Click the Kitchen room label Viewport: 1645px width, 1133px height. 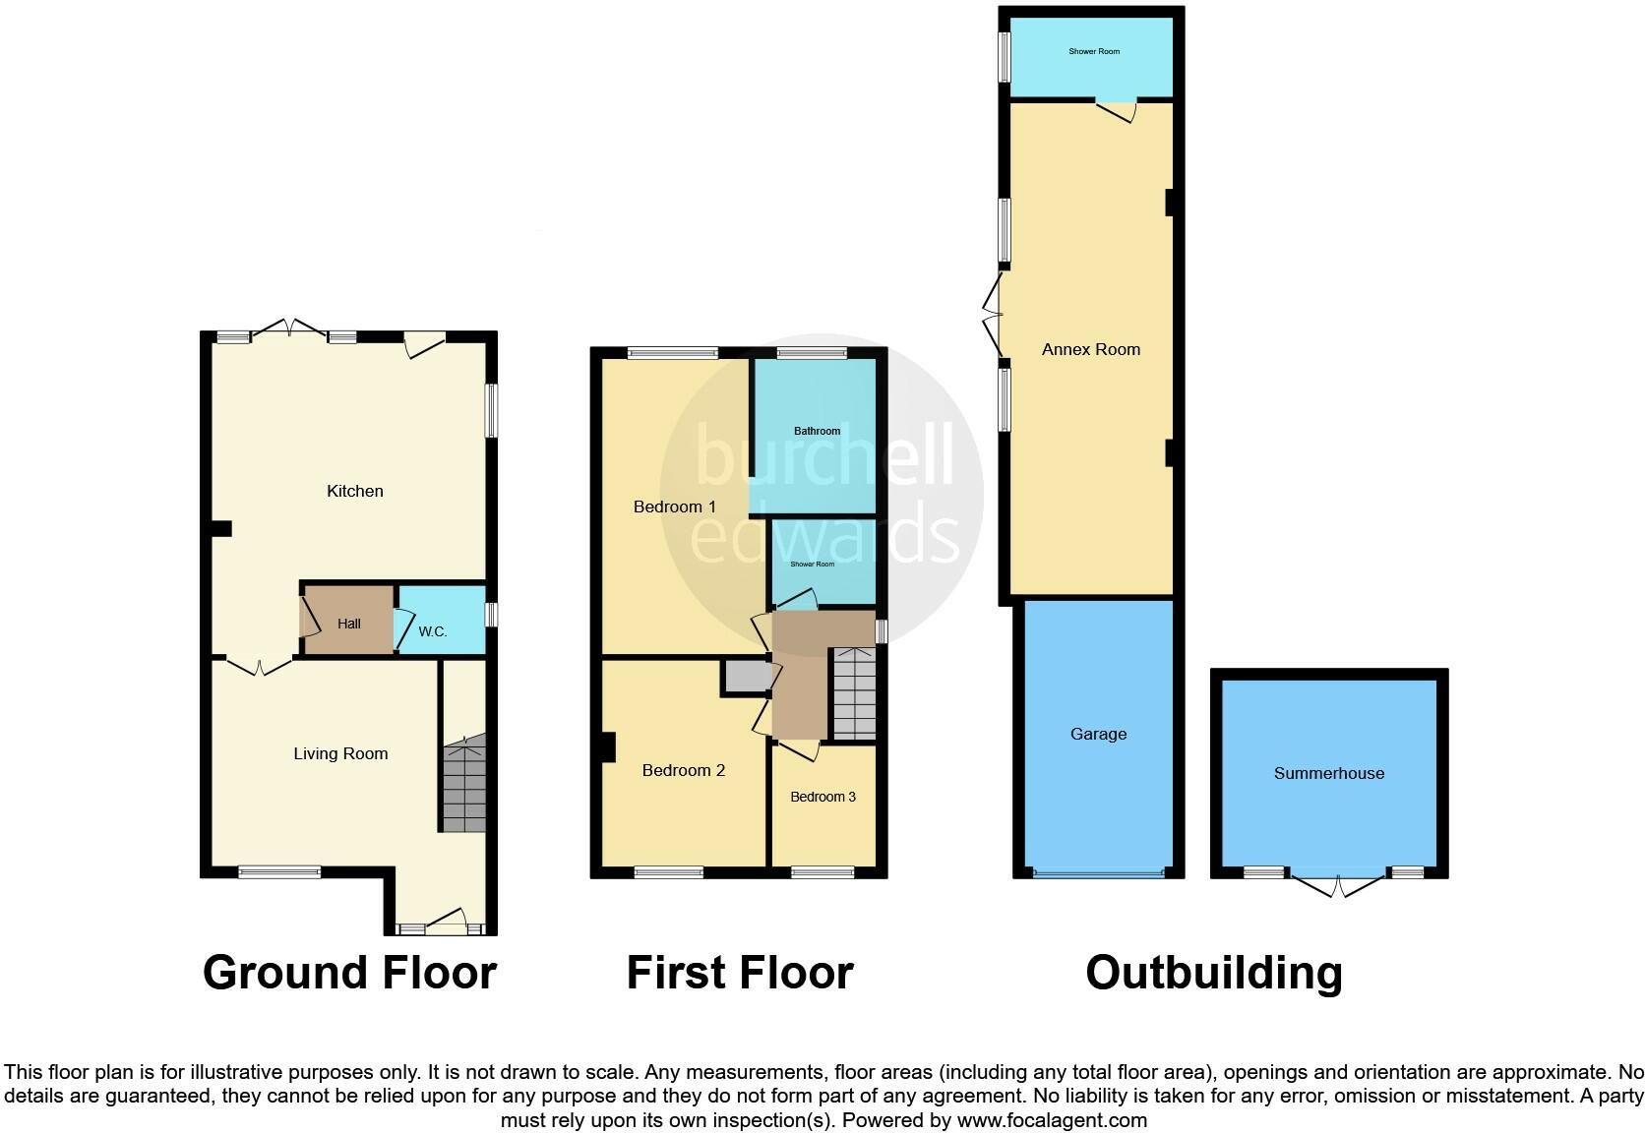(x=355, y=491)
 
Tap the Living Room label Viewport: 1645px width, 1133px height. (x=340, y=753)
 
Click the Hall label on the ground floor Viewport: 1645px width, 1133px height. (x=349, y=624)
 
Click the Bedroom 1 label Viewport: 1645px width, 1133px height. (x=674, y=507)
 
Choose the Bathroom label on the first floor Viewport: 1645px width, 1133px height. (x=817, y=431)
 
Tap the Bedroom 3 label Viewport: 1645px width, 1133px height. (x=822, y=797)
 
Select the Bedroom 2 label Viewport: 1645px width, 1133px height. (x=683, y=770)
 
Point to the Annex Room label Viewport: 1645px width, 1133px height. (x=1090, y=349)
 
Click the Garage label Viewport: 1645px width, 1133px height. (x=1098, y=734)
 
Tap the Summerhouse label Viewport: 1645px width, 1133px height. (x=1328, y=773)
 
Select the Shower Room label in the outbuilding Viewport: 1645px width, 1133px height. (x=1094, y=51)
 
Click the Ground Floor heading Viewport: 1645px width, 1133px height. (x=349, y=973)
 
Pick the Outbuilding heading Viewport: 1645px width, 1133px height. (x=1214, y=973)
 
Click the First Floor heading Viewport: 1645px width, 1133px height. (x=740, y=973)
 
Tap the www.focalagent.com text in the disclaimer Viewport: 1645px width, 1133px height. (x=1052, y=1119)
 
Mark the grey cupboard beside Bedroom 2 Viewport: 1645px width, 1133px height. (x=748, y=678)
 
